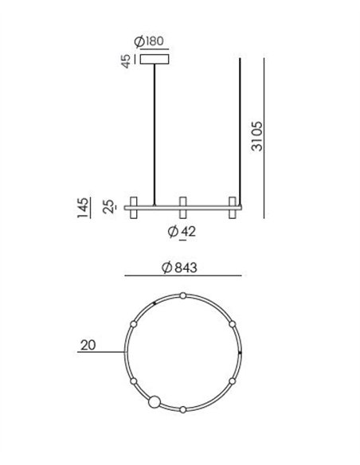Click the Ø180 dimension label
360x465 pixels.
tap(149, 41)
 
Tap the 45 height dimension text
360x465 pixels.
tap(127, 61)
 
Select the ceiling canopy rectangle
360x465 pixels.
tap(155, 59)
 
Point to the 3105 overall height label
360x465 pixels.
tap(256, 136)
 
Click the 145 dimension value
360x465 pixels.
tap(83, 208)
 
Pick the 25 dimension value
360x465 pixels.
tap(109, 206)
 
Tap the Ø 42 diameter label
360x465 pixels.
tap(182, 232)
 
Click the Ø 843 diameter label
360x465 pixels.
tap(179, 268)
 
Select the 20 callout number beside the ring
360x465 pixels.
tap(88, 345)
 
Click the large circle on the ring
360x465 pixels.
tap(155, 402)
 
